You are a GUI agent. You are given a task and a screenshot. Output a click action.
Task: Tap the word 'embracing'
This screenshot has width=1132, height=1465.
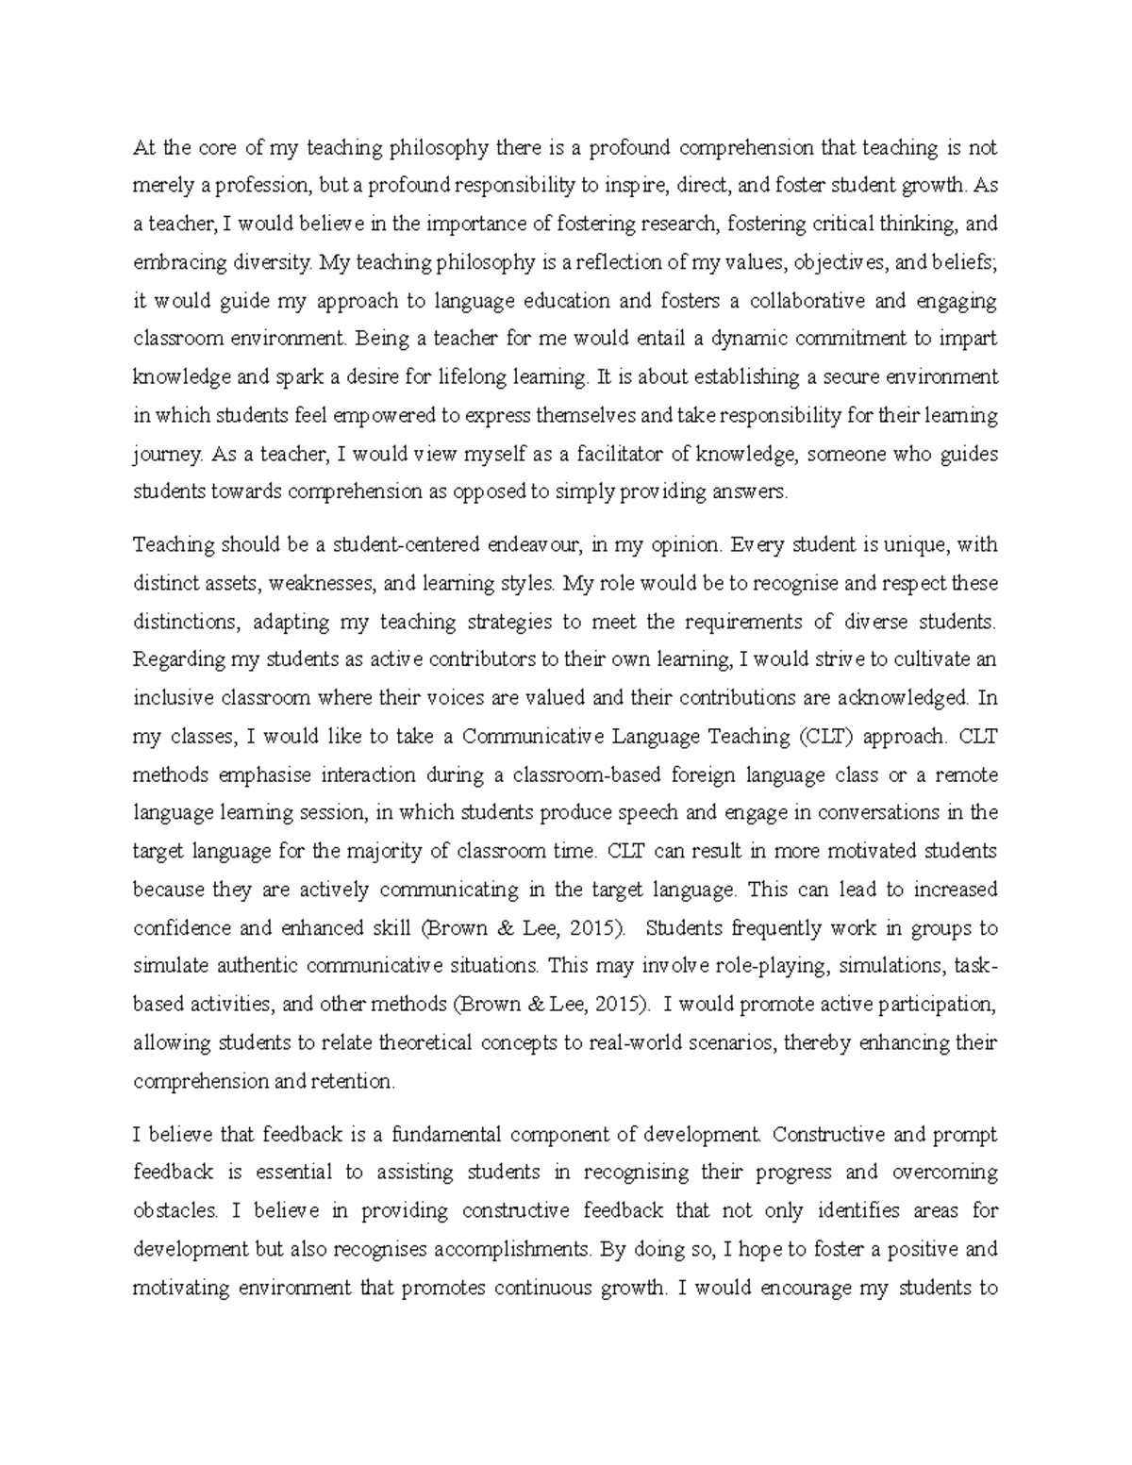pos(173,263)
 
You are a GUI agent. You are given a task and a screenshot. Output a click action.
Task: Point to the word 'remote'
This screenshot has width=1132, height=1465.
pos(964,774)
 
